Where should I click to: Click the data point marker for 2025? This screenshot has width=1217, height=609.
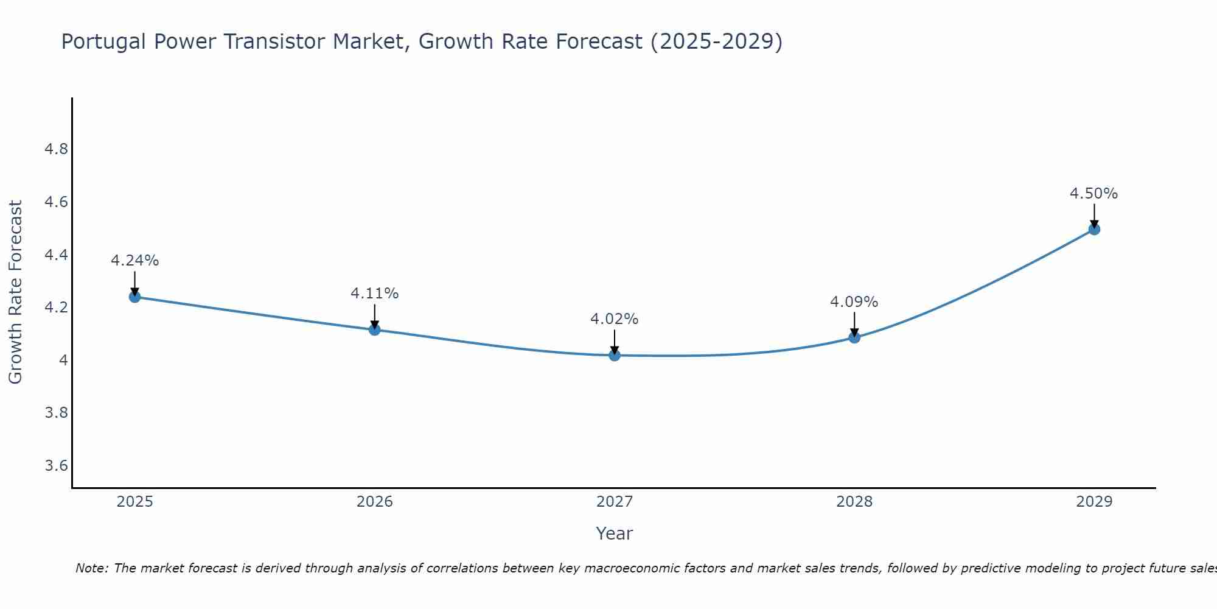pos(134,297)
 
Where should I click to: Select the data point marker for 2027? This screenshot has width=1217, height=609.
pos(615,355)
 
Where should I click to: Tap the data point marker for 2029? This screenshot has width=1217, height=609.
pos(1094,229)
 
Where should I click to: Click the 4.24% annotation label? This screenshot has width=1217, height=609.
pos(134,261)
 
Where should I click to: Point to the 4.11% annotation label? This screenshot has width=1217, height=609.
pos(374,294)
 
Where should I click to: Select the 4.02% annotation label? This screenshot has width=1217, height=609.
pos(615,319)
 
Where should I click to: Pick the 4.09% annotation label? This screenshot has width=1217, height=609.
pos(854,302)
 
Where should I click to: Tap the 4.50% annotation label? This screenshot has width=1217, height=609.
pos(1093,194)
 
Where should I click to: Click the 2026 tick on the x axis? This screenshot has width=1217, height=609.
pos(374,502)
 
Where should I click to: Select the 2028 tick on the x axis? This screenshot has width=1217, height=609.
pos(854,502)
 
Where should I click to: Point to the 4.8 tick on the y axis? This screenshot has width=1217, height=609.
pos(57,149)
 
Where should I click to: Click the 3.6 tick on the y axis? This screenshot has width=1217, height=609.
pos(57,466)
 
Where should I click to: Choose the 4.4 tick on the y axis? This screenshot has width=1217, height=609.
pos(57,255)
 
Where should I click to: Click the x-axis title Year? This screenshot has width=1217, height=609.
pos(615,533)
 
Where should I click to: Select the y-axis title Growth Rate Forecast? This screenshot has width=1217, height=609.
pos(15,292)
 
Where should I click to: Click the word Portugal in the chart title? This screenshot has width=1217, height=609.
pos(104,42)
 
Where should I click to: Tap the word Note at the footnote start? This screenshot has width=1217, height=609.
pos(91,568)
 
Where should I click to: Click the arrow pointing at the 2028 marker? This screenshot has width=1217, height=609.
pos(854,323)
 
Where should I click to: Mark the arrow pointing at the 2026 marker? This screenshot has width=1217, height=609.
pos(374,315)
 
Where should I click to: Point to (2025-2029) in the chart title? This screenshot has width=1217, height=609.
pos(716,42)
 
